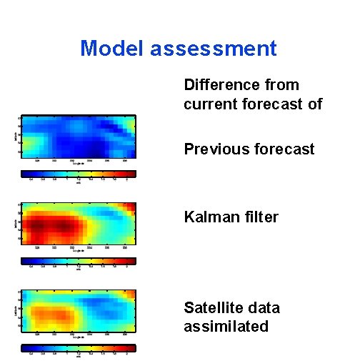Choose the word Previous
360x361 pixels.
coord(214,149)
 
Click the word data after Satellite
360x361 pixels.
coord(264,308)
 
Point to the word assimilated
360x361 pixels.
coord(226,327)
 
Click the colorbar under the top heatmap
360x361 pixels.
coord(78,173)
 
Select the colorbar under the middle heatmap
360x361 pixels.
coord(78,262)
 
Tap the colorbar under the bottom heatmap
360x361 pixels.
coord(78,348)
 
